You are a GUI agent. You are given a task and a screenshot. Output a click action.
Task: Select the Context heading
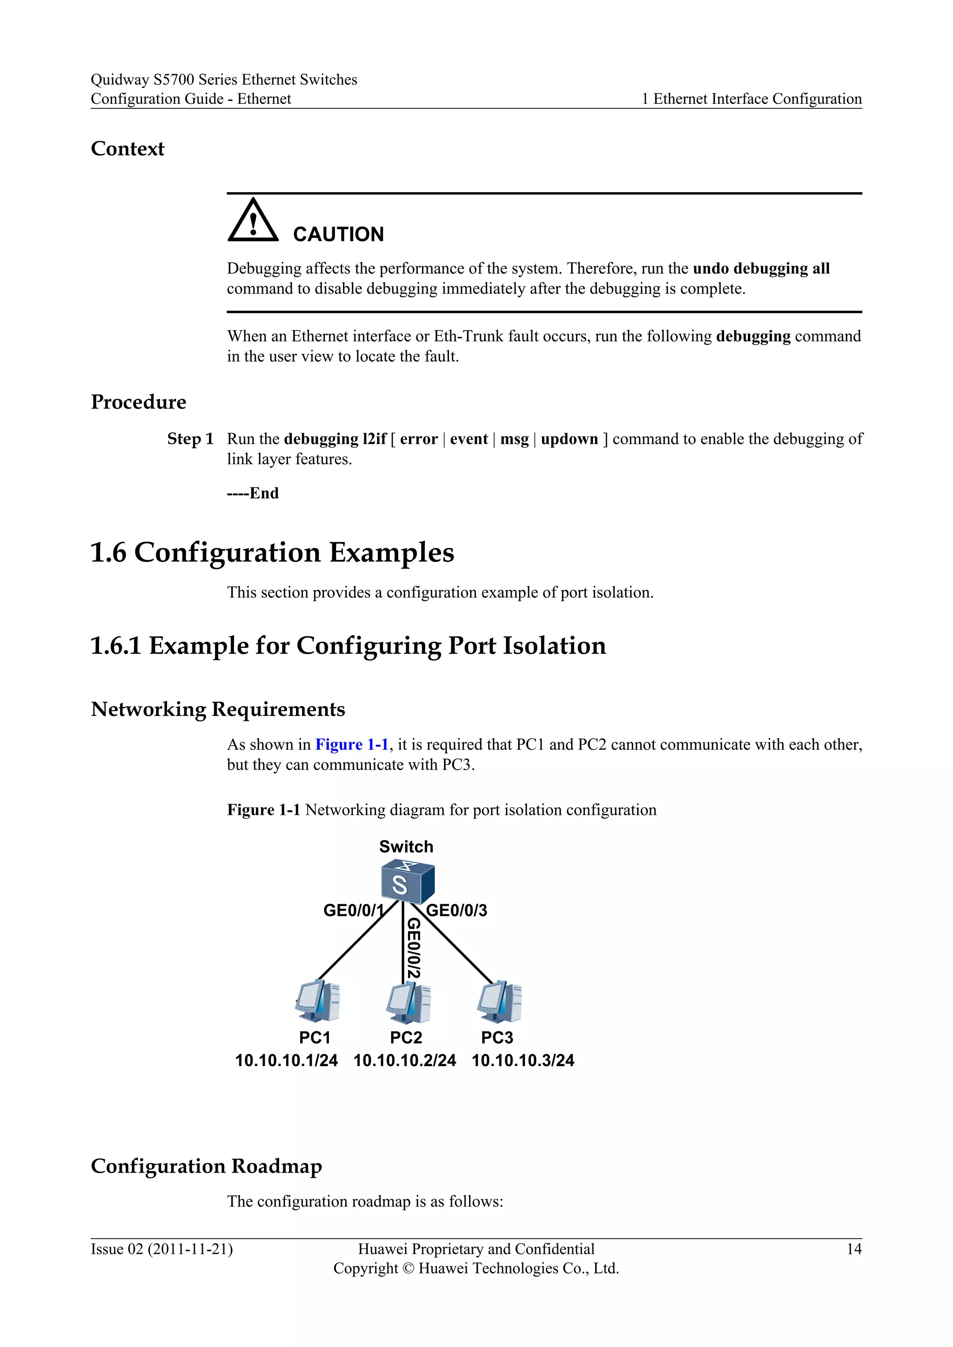click(128, 149)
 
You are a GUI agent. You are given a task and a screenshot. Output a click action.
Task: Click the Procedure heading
click(139, 402)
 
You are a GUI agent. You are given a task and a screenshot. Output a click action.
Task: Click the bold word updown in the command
click(569, 440)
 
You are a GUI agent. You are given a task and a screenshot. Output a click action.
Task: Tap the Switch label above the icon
click(406, 847)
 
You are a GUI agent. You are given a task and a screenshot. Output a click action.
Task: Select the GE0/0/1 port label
click(353, 911)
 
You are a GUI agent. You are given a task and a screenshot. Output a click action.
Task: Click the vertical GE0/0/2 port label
click(414, 947)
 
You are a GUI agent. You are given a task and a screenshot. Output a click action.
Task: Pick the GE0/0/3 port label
click(456, 911)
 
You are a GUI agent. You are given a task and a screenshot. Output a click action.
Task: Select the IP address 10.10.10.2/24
click(404, 1060)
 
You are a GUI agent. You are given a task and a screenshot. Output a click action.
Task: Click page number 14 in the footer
click(854, 1250)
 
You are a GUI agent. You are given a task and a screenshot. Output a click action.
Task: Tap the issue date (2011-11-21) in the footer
click(190, 1250)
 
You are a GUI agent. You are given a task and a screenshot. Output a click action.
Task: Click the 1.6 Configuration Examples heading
click(272, 553)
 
